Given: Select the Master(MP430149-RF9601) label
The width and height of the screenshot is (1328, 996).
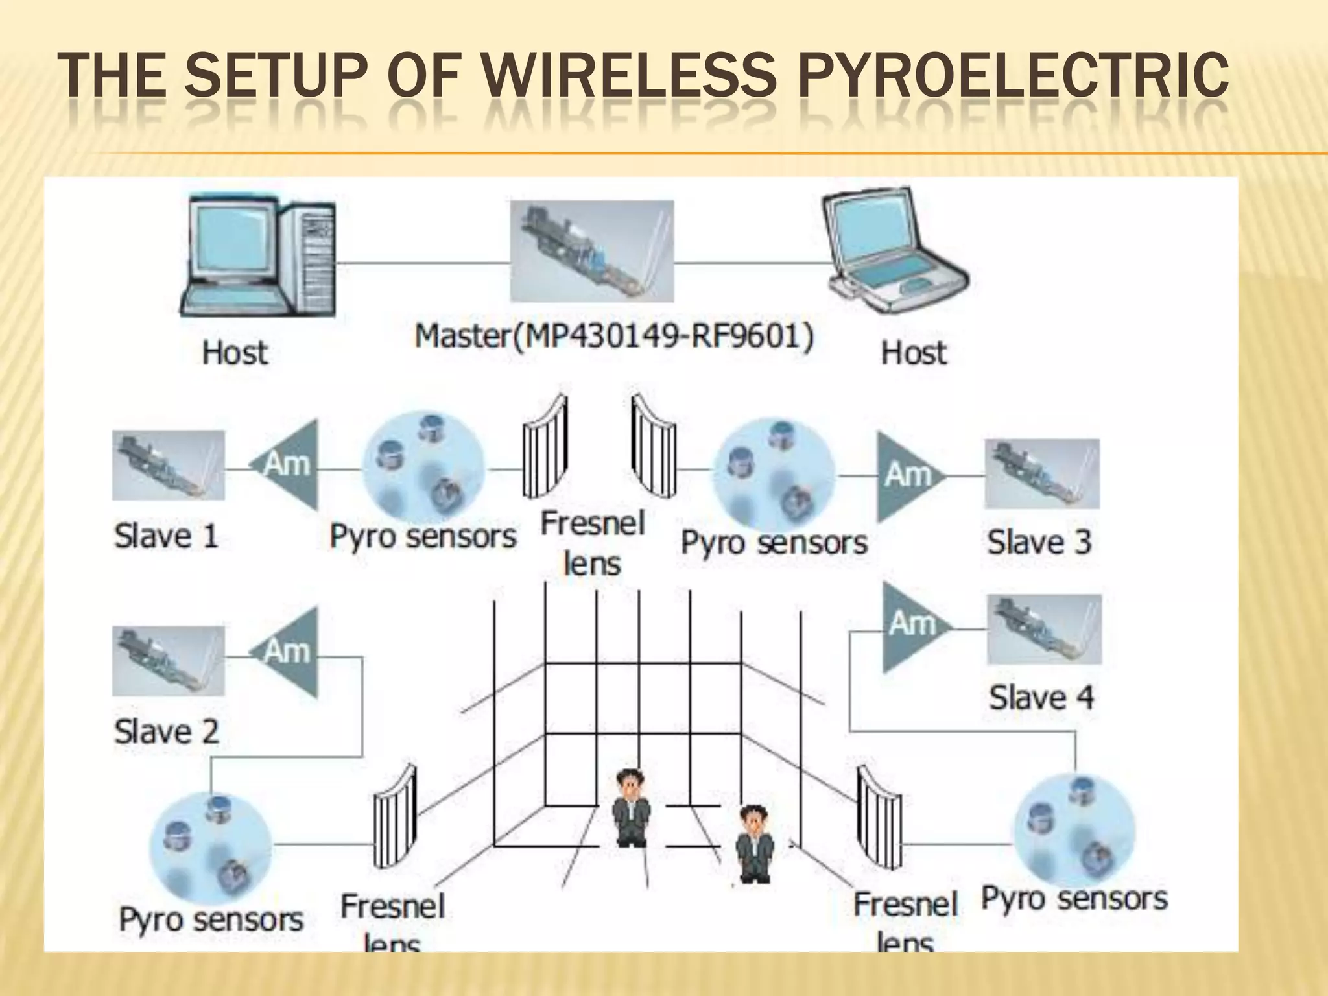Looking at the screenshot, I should tap(613, 337).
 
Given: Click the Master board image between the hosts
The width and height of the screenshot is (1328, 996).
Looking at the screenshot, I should tap(591, 251).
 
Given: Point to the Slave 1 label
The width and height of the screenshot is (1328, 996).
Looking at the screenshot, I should tap(166, 536).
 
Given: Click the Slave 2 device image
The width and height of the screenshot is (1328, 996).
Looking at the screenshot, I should tap(169, 661).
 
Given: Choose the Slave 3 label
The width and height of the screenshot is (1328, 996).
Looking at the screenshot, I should tap(1039, 542).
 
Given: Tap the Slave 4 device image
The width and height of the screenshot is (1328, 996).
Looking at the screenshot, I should tap(1044, 629).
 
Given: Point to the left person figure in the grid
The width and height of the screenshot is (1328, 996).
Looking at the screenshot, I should tap(632, 807).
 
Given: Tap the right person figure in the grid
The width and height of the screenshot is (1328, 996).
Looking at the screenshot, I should tap(754, 844).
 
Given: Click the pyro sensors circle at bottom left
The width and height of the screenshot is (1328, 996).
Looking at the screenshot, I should tap(210, 846).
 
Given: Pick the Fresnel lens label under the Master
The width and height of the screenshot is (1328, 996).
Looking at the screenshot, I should tap(592, 543).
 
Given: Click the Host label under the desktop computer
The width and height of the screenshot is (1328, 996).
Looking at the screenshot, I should tap(235, 353).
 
